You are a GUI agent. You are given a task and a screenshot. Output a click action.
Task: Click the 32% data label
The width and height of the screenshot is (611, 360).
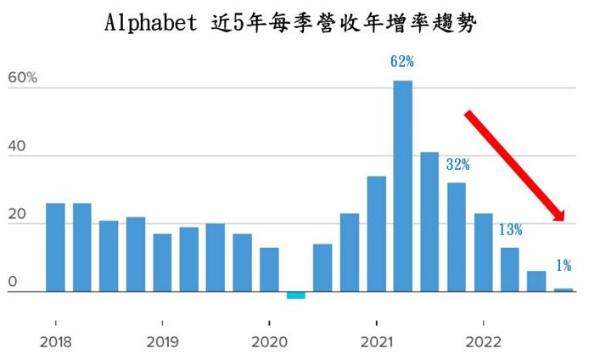[x=458, y=165]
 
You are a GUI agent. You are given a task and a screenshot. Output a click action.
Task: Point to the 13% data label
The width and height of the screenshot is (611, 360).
[x=510, y=229]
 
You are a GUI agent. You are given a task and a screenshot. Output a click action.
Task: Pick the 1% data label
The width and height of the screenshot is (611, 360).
[x=563, y=266]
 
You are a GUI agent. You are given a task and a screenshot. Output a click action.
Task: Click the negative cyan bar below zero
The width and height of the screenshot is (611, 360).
[x=295, y=295]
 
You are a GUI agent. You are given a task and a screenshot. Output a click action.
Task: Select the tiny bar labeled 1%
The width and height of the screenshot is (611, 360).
[x=563, y=290]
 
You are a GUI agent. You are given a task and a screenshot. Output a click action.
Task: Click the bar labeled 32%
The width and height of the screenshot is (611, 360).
[x=457, y=237]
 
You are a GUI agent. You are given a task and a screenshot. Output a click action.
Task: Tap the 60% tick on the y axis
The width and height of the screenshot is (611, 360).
[x=23, y=78]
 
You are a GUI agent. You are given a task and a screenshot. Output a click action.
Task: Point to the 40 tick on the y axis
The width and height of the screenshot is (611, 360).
[x=18, y=146]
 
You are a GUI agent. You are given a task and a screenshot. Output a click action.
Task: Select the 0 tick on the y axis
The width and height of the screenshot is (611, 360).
[x=12, y=282]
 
